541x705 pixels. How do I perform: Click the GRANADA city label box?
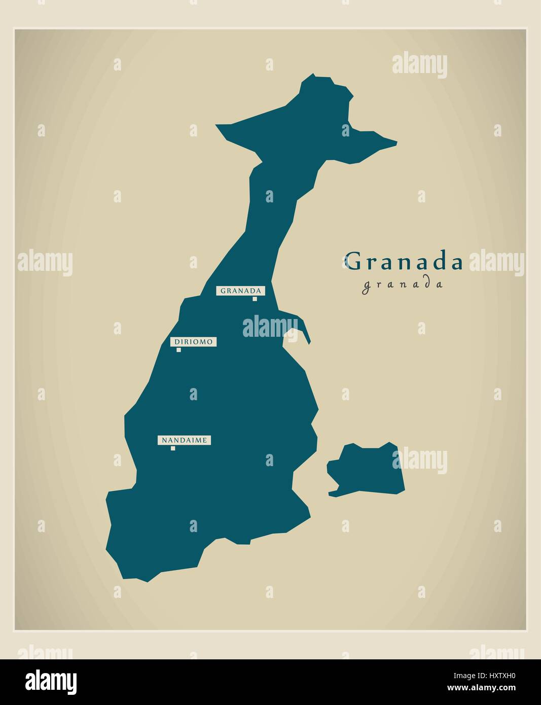tap(241, 291)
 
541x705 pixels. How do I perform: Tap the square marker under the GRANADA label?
tap(255, 299)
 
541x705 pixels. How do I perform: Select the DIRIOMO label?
tap(193, 342)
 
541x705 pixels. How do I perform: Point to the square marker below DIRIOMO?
tap(178, 349)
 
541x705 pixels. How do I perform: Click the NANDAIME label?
tap(184, 440)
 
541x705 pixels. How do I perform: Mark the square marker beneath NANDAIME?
tap(173, 448)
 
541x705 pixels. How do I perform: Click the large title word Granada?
tap(404, 261)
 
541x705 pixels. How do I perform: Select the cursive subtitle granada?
tap(403, 285)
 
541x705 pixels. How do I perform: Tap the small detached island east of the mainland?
tap(367, 469)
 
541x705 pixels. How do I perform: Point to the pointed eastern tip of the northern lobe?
tap(395, 143)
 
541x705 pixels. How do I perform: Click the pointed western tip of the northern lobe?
tap(217, 125)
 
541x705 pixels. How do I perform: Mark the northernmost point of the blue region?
tap(314, 75)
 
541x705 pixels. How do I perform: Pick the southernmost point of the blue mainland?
tap(147, 581)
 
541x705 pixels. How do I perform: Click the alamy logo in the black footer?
tap(51, 681)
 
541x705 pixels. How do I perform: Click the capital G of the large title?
tap(353, 261)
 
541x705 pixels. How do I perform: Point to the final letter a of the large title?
tap(456, 263)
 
